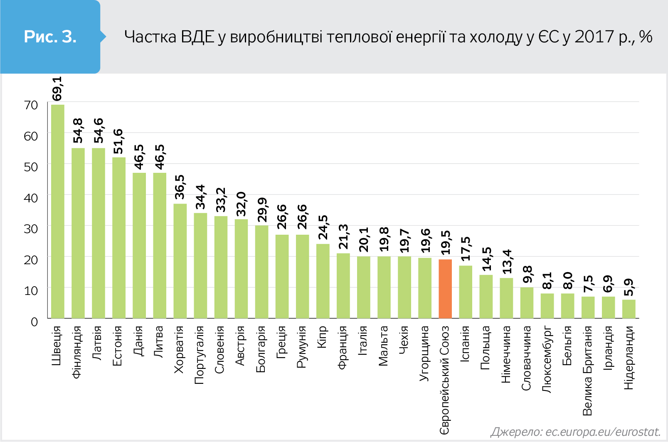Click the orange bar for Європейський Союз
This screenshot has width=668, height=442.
(445, 289)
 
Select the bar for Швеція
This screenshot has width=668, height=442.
(58, 211)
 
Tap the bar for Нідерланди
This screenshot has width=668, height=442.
(629, 309)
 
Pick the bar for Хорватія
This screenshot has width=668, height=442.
(180, 261)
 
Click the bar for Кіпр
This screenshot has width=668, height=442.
(323, 281)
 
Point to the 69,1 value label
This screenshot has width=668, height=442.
(57, 88)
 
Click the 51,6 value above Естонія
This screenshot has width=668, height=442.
(118, 141)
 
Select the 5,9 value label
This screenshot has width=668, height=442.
(629, 287)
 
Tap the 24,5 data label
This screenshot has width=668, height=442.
(323, 227)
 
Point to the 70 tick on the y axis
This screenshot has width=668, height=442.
(31, 105)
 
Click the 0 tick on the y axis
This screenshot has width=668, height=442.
(34, 322)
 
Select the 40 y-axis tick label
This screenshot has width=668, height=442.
(31, 198)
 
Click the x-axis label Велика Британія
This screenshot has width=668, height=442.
(587, 371)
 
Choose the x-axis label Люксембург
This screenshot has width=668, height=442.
(547, 359)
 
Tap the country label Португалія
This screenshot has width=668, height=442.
(200, 355)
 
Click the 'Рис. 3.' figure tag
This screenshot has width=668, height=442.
(50, 37)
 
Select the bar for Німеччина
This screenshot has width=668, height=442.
(506, 298)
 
